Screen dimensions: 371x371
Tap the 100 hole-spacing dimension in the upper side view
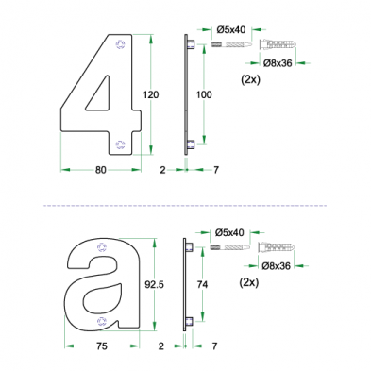pyautogui.click(x=205, y=95)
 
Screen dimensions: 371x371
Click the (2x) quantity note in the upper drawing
pyautogui.click(x=251, y=81)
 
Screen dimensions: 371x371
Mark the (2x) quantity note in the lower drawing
pyautogui.click(x=251, y=282)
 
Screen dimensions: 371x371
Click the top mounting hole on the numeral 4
pyautogui.click(x=119, y=44)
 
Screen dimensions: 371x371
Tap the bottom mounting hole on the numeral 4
pyautogui.click(x=119, y=143)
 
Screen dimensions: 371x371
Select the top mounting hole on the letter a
pyautogui.click(x=102, y=245)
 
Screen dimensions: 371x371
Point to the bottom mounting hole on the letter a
pyautogui.click(x=102, y=319)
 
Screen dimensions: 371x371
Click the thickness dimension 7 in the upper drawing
pyautogui.click(x=216, y=170)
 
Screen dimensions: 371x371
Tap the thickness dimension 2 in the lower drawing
pyautogui.click(x=161, y=346)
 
